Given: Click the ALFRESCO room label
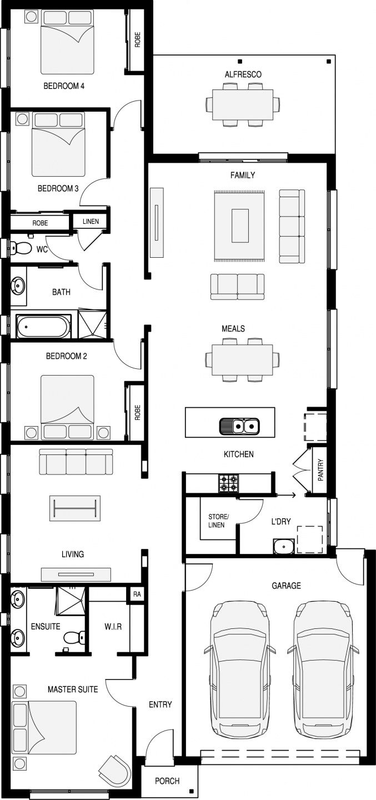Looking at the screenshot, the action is pyautogui.click(x=243, y=74).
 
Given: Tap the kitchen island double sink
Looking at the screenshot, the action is pyautogui.click(x=239, y=426).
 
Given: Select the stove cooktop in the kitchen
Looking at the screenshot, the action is pyautogui.click(x=228, y=483).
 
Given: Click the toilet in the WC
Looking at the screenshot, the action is pyautogui.click(x=21, y=248).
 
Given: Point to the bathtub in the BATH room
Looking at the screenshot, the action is pyautogui.click(x=43, y=326).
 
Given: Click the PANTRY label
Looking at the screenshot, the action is pyautogui.click(x=320, y=470).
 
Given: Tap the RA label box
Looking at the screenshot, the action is pyautogui.click(x=137, y=594).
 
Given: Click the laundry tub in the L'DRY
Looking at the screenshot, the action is pyautogui.click(x=284, y=546).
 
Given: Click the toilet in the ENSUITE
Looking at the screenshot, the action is pyautogui.click(x=74, y=637).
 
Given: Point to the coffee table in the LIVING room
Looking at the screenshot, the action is pyautogui.click(x=74, y=508).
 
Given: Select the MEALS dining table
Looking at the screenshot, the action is pyautogui.click(x=243, y=359).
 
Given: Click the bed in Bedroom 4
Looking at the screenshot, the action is pyautogui.click(x=68, y=42).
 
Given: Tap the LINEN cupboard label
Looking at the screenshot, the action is pyautogui.click(x=91, y=222).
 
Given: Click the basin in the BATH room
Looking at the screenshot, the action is pyautogui.click(x=18, y=286).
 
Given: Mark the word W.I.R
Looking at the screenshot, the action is pyautogui.click(x=113, y=626).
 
